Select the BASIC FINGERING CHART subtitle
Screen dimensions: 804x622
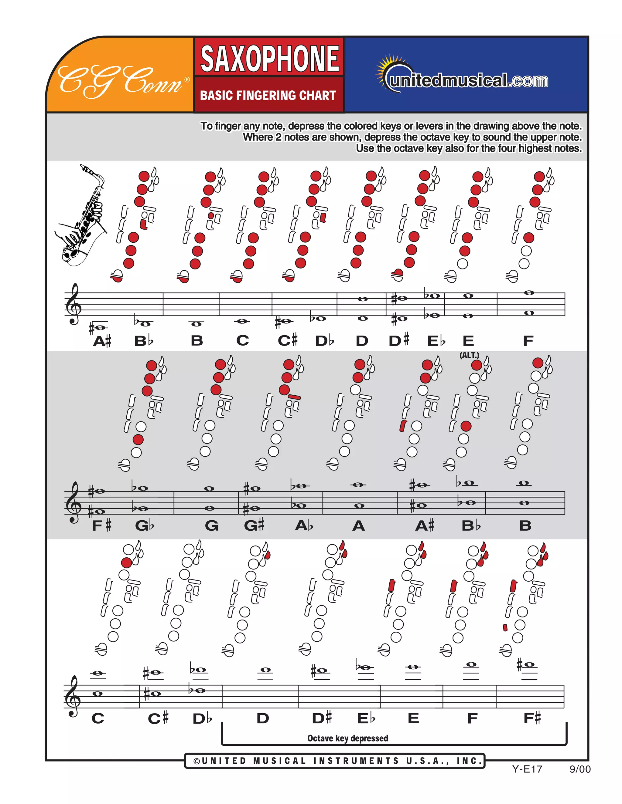click(268, 95)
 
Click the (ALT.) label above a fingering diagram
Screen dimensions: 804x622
click(469, 355)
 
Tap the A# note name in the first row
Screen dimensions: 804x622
click(102, 341)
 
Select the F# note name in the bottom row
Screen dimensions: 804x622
click(532, 718)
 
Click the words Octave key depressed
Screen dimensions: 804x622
click(347, 738)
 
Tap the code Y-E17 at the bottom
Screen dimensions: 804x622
click(527, 769)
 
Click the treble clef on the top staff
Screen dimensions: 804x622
click(74, 304)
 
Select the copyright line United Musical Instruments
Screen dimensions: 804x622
click(335, 761)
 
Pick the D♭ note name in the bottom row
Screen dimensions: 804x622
click(202, 718)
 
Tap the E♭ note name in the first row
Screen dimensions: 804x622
click(436, 341)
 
